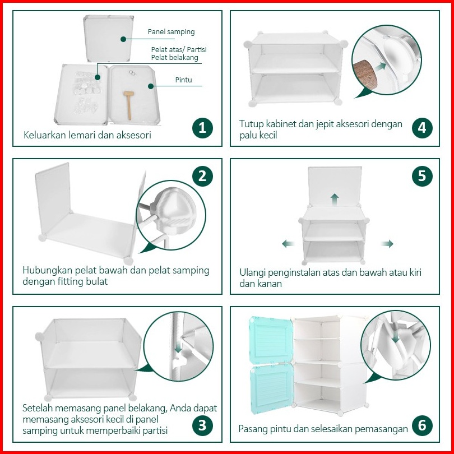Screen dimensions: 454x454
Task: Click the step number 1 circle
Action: tap(202, 128)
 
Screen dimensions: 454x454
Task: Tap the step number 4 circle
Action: tap(422, 128)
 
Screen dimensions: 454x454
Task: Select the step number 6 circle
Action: tap(422, 425)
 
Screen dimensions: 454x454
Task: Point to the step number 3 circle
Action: tap(202, 425)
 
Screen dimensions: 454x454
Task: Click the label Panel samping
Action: tap(171, 32)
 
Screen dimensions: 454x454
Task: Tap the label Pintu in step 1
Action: tap(184, 80)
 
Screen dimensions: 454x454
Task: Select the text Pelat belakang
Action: tap(174, 58)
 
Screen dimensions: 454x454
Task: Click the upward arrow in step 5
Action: tap(335, 200)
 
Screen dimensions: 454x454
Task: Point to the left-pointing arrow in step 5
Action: tap(289, 243)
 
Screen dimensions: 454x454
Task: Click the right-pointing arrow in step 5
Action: tap(387, 243)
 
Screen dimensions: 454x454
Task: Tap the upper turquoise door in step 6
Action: tap(271, 340)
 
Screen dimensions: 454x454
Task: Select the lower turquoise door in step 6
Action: tap(272, 388)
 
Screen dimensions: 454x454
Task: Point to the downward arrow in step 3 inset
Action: tap(178, 346)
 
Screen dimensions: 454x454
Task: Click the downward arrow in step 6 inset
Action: tap(396, 336)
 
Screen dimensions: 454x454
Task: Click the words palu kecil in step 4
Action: tap(258, 135)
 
